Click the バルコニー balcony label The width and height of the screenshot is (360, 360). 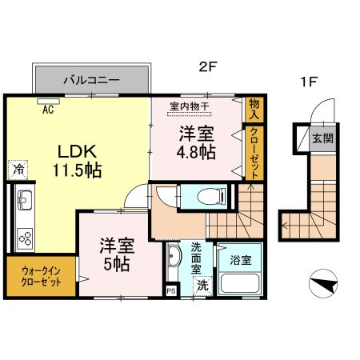click(x=91, y=81)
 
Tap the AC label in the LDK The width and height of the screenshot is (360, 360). click(x=47, y=109)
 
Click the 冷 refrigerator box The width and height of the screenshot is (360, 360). click(x=17, y=169)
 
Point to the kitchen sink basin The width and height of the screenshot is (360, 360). click(x=22, y=200)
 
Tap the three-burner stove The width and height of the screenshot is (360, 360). click(x=23, y=237)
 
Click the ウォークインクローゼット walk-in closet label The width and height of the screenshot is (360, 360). click(x=41, y=277)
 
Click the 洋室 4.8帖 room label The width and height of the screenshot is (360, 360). click(x=196, y=142)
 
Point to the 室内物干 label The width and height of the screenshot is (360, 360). click(x=190, y=106)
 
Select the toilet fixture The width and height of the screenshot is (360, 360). click(x=198, y=197)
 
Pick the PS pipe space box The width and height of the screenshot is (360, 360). click(x=170, y=291)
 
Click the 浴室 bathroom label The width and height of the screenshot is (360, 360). click(x=241, y=260)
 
